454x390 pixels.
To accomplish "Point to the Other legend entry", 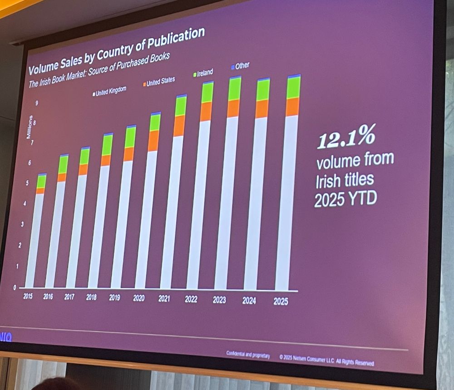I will (x=241, y=66).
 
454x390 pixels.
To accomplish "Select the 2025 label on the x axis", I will (x=281, y=301).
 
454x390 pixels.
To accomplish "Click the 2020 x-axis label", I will (x=139, y=298).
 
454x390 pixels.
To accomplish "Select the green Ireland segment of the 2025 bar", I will (x=293, y=88).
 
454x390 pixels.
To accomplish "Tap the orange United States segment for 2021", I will (x=179, y=126).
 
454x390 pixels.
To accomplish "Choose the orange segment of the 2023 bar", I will (x=233, y=109).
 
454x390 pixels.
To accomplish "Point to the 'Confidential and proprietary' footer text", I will (x=248, y=355).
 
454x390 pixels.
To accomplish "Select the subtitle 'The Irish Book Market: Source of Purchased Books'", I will (x=99, y=71).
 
